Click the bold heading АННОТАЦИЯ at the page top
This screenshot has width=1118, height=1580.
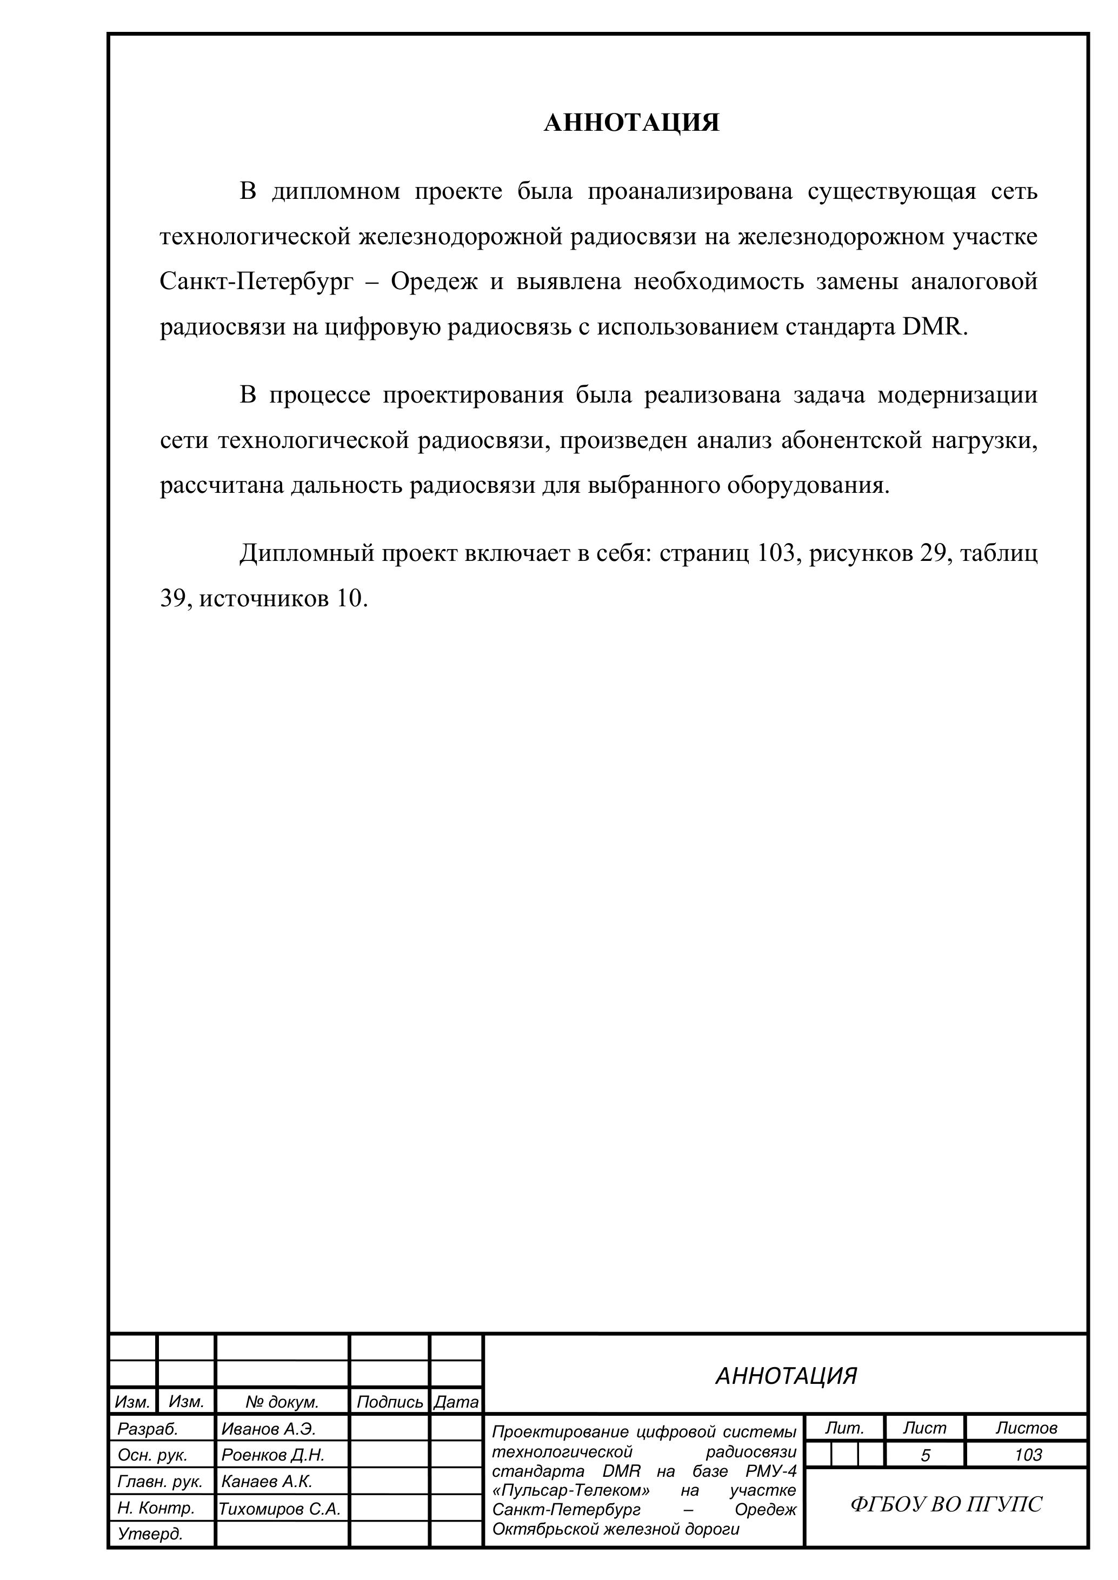(631, 123)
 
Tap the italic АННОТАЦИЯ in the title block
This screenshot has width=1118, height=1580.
(786, 1376)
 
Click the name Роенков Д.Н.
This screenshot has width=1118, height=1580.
(272, 1455)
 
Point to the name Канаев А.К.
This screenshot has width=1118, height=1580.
(267, 1481)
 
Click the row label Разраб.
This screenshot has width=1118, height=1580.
(148, 1429)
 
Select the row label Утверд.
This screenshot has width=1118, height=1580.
(150, 1534)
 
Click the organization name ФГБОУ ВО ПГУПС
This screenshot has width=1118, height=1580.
(946, 1504)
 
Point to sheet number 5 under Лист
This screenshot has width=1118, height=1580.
(925, 1455)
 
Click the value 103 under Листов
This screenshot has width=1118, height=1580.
(1028, 1455)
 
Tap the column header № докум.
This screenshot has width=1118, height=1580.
(282, 1402)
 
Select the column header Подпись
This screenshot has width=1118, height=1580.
(390, 1402)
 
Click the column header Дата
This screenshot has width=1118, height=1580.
(456, 1402)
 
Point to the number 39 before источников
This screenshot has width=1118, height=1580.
(174, 598)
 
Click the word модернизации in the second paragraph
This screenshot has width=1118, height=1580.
(957, 395)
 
